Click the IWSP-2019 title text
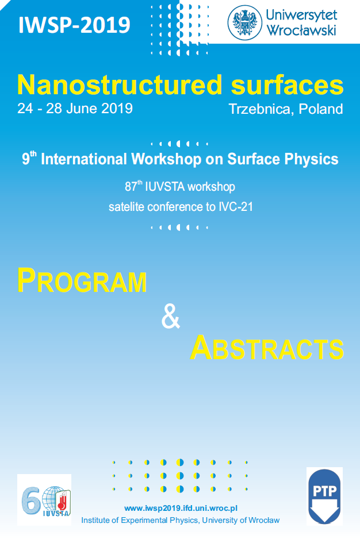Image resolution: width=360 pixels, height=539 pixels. [x=74, y=25]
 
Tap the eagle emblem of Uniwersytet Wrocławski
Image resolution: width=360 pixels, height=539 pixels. [x=245, y=22]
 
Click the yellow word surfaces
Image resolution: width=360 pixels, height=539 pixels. [x=288, y=84]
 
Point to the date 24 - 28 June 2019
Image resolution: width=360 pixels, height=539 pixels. [x=75, y=108]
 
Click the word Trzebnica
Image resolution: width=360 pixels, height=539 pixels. [x=261, y=109]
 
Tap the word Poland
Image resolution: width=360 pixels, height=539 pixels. [x=321, y=109]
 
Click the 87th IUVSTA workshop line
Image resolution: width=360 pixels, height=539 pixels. [x=180, y=187]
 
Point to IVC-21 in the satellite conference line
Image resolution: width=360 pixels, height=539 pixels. [x=236, y=207]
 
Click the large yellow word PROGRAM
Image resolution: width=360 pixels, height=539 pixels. [x=82, y=281]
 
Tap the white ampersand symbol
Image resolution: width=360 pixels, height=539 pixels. [x=171, y=317]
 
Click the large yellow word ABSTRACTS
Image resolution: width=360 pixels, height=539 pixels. [x=267, y=348]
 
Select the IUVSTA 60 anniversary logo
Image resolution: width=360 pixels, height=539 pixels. [x=44, y=500]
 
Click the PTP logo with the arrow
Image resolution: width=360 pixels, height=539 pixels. [x=324, y=496]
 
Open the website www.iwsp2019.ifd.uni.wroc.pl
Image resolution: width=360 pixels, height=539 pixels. [x=181, y=508]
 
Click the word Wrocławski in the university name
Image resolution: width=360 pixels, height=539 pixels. [x=301, y=30]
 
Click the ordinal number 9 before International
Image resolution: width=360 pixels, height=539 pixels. [x=26, y=160]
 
